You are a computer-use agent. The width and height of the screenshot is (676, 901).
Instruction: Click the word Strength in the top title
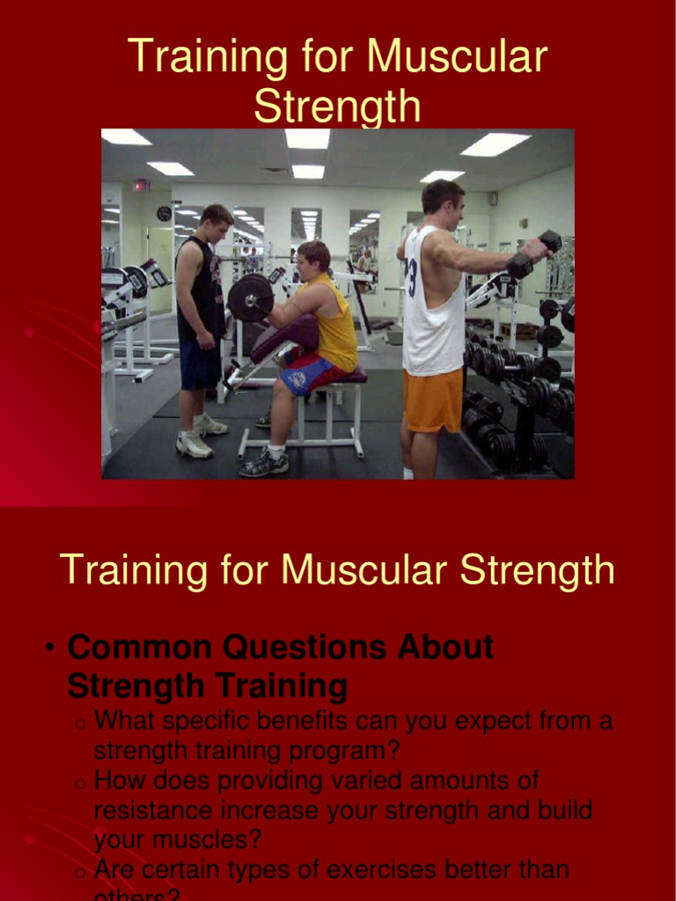[x=337, y=106]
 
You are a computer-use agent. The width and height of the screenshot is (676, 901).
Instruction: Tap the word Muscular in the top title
[x=457, y=57]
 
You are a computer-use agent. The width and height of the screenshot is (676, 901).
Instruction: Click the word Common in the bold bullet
[x=139, y=648]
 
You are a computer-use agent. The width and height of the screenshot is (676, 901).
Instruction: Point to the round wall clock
[x=164, y=213]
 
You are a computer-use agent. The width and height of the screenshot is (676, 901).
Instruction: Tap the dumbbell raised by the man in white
[x=536, y=253]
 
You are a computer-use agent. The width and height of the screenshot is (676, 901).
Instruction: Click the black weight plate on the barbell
[x=250, y=297]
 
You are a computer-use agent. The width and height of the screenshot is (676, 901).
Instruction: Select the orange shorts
[x=433, y=399]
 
